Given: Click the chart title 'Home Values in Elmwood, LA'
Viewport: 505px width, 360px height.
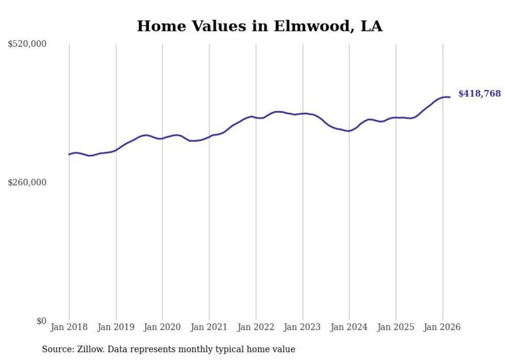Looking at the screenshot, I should coord(260,26).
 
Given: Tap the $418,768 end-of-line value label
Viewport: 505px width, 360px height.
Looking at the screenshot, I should coord(479,94).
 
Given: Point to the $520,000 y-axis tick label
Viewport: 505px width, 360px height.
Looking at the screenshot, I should coord(27,44).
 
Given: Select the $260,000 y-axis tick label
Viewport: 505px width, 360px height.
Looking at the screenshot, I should coord(27,182).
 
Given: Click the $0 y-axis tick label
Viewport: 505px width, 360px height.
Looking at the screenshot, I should coord(41,321).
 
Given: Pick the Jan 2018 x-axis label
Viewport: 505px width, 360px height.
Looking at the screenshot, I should coord(69,327).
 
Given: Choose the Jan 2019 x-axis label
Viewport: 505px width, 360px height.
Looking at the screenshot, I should coord(116,327).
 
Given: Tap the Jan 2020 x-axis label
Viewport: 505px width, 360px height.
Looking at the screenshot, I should coord(162,327).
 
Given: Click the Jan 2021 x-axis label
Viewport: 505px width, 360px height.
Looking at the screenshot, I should coord(209,327).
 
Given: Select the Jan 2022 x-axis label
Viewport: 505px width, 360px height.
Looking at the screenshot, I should coord(256,327).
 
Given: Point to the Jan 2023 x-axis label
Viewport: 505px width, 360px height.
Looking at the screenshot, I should coord(302,327).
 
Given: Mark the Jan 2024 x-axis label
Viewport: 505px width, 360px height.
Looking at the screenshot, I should coord(349,327).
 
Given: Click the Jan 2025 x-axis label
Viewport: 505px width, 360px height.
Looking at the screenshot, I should coord(396,327).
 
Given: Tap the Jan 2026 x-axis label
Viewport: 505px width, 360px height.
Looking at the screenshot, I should coord(443,327).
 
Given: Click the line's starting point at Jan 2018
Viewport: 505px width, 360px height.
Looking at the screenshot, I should coord(69,155).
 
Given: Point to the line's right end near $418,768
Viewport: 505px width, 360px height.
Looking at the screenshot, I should coord(450,97).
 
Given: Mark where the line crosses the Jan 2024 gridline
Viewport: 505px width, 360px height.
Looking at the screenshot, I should coord(349,131).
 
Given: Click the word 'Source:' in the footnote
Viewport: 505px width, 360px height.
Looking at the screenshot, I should coord(56,349).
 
